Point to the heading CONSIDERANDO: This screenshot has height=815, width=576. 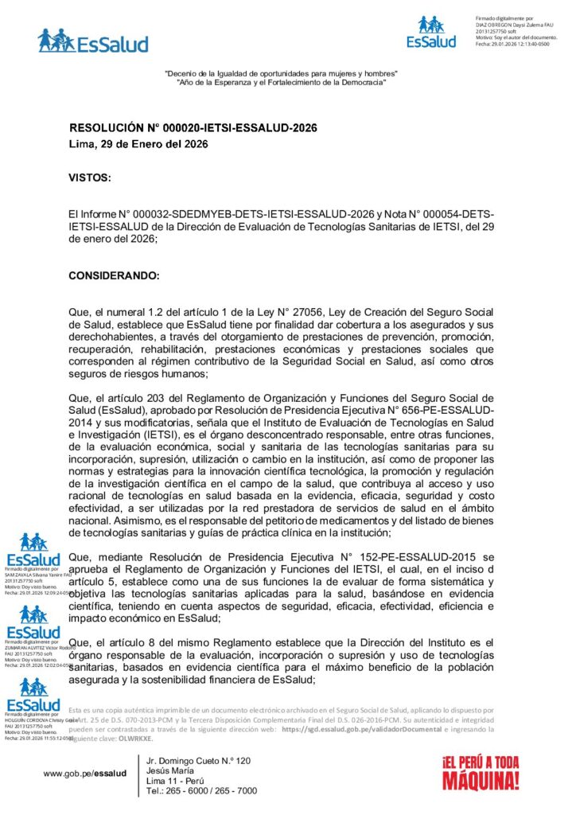[x=114, y=275]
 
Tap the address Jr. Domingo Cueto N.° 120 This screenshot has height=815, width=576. [x=199, y=761]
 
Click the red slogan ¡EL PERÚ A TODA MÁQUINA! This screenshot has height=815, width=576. [x=481, y=772]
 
